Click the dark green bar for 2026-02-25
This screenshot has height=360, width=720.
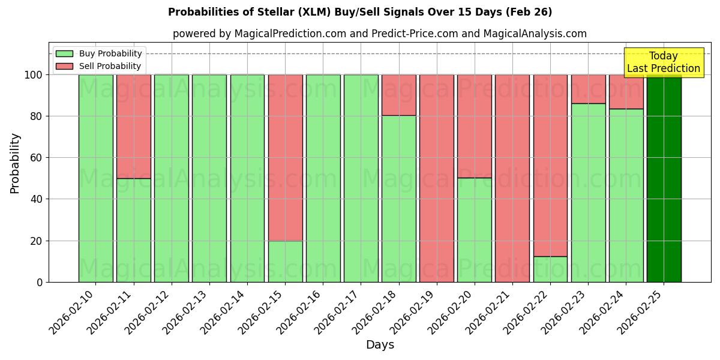click(664, 178)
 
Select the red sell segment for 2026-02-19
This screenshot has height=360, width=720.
click(437, 178)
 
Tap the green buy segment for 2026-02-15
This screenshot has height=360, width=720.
click(285, 261)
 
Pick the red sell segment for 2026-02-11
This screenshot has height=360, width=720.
click(133, 126)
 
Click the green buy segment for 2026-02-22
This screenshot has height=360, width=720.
click(550, 269)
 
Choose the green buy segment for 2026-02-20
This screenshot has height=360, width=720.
click(475, 230)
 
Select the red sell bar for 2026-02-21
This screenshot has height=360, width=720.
click(512, 178)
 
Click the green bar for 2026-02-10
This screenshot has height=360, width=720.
click(95, 178)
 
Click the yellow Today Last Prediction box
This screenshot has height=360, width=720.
click(663, 62)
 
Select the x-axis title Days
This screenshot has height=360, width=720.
click(380, 345)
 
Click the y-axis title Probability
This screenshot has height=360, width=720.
click(15, 163)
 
